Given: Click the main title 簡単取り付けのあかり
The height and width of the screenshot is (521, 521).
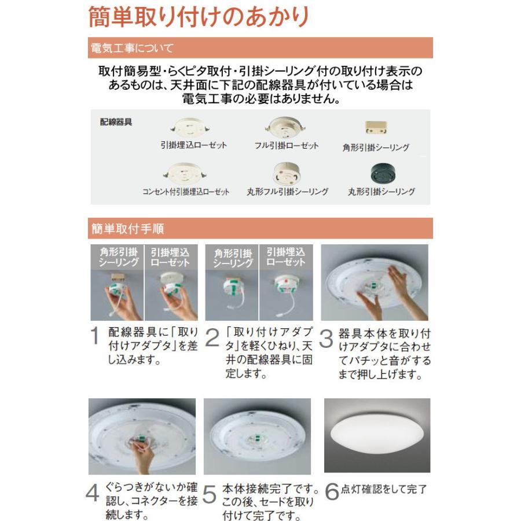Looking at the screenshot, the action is point(199,17).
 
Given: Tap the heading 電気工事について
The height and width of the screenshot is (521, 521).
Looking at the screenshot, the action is point(132,48).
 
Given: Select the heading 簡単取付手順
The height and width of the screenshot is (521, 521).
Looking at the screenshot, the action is point(127,229).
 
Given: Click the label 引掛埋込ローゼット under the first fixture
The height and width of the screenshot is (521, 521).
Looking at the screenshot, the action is point(193,145).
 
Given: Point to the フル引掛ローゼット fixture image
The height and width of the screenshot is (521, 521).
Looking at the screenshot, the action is point(285,127).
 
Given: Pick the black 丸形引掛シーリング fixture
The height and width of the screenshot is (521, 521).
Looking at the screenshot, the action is point(383,173).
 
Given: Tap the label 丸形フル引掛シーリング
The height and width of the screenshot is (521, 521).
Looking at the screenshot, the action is point(287,192).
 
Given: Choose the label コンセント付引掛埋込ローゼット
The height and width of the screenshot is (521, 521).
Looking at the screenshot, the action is point(186,192).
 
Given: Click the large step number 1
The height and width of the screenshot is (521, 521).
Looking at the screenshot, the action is point(95,335).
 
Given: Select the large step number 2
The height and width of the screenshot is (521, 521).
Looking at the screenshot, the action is point(212,337).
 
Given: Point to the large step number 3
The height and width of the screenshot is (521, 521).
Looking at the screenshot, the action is point(326,339).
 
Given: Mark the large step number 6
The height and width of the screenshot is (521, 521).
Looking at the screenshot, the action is point(332,491).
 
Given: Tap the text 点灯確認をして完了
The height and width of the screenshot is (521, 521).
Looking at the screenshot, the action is point(384,489).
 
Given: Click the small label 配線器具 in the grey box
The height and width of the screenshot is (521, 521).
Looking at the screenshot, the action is point(116,122).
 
